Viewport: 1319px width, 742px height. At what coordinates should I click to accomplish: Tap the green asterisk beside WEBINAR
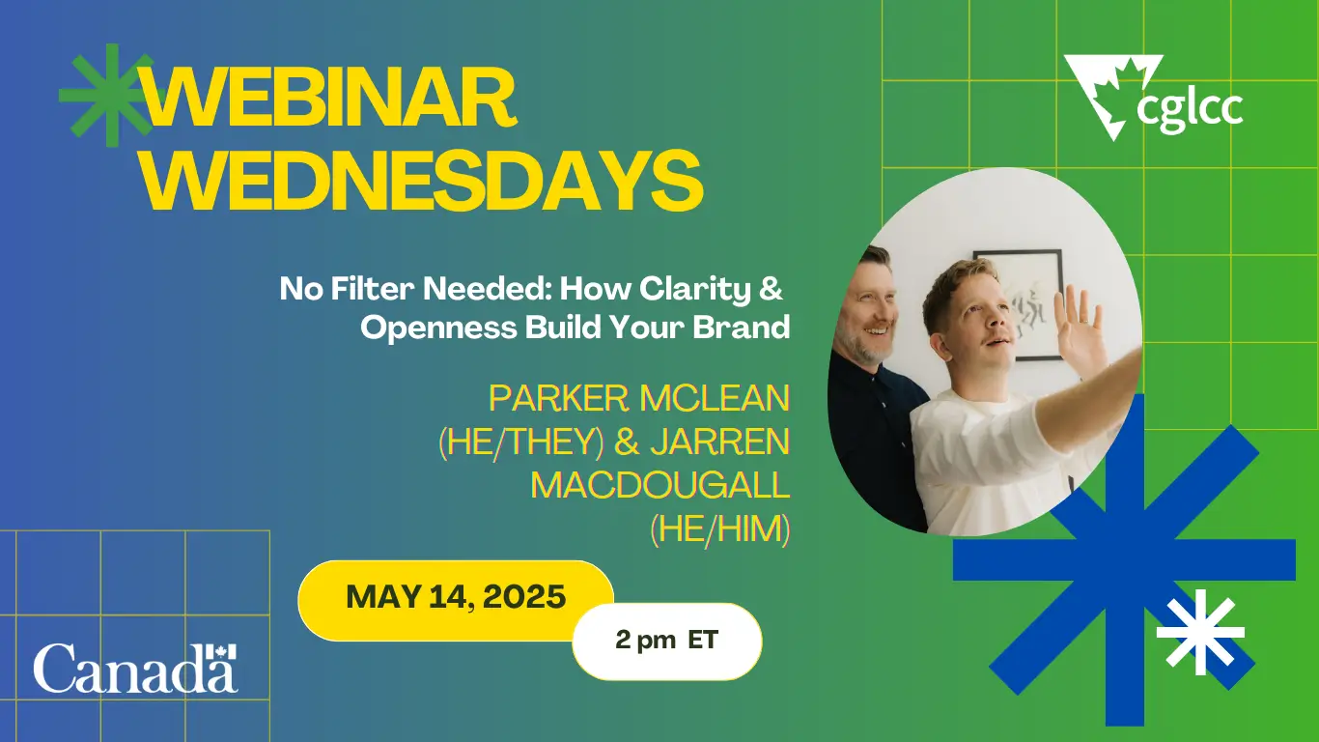[x=107, y=95]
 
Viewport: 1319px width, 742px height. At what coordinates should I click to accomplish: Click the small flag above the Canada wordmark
[x=221, y=651]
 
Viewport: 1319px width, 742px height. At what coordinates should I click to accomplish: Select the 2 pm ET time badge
[x=667, y=641]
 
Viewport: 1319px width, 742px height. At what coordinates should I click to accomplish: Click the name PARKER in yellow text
[x=559, y=398]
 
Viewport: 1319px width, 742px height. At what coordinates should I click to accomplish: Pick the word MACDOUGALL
[x=660, y=486]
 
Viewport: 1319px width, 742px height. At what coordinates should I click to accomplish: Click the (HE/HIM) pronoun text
[x=720, y=529]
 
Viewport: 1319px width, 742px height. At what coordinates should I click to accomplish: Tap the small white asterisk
[x=1200, y=633]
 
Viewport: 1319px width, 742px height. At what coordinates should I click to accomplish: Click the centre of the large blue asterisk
[x=1124, y=558]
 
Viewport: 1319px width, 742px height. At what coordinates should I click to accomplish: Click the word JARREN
[x=720, y=442]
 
